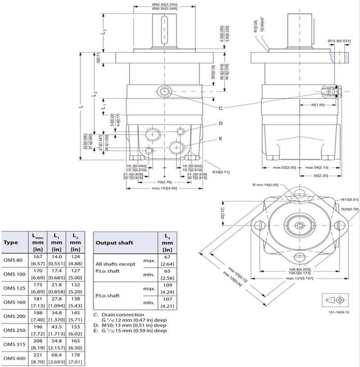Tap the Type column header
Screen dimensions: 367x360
point(11,242)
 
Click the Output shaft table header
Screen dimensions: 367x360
point(114,243)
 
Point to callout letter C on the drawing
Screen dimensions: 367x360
point(221,108)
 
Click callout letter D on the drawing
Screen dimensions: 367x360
point(221,123)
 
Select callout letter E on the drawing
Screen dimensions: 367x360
point(221,139)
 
